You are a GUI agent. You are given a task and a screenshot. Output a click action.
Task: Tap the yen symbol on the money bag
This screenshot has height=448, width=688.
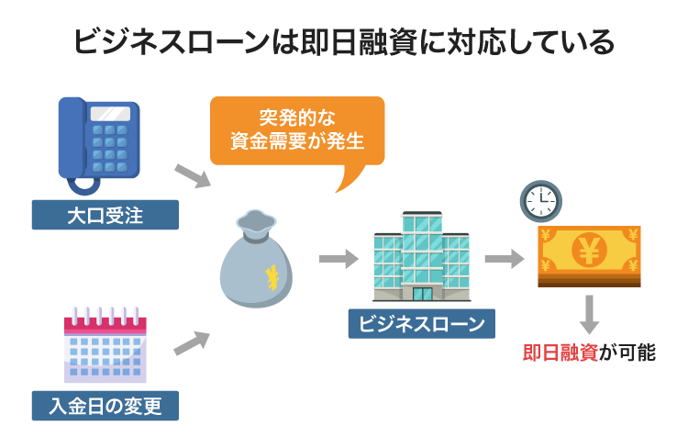point(271,274)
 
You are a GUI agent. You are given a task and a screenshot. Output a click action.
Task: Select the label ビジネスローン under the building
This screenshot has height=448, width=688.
point(421,323)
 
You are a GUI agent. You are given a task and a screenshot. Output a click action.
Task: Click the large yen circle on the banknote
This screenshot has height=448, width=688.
point(586,249)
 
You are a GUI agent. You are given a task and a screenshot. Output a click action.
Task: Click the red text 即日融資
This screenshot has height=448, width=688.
point(560,353)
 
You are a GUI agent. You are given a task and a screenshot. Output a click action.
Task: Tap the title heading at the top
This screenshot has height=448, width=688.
point(343,42)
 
